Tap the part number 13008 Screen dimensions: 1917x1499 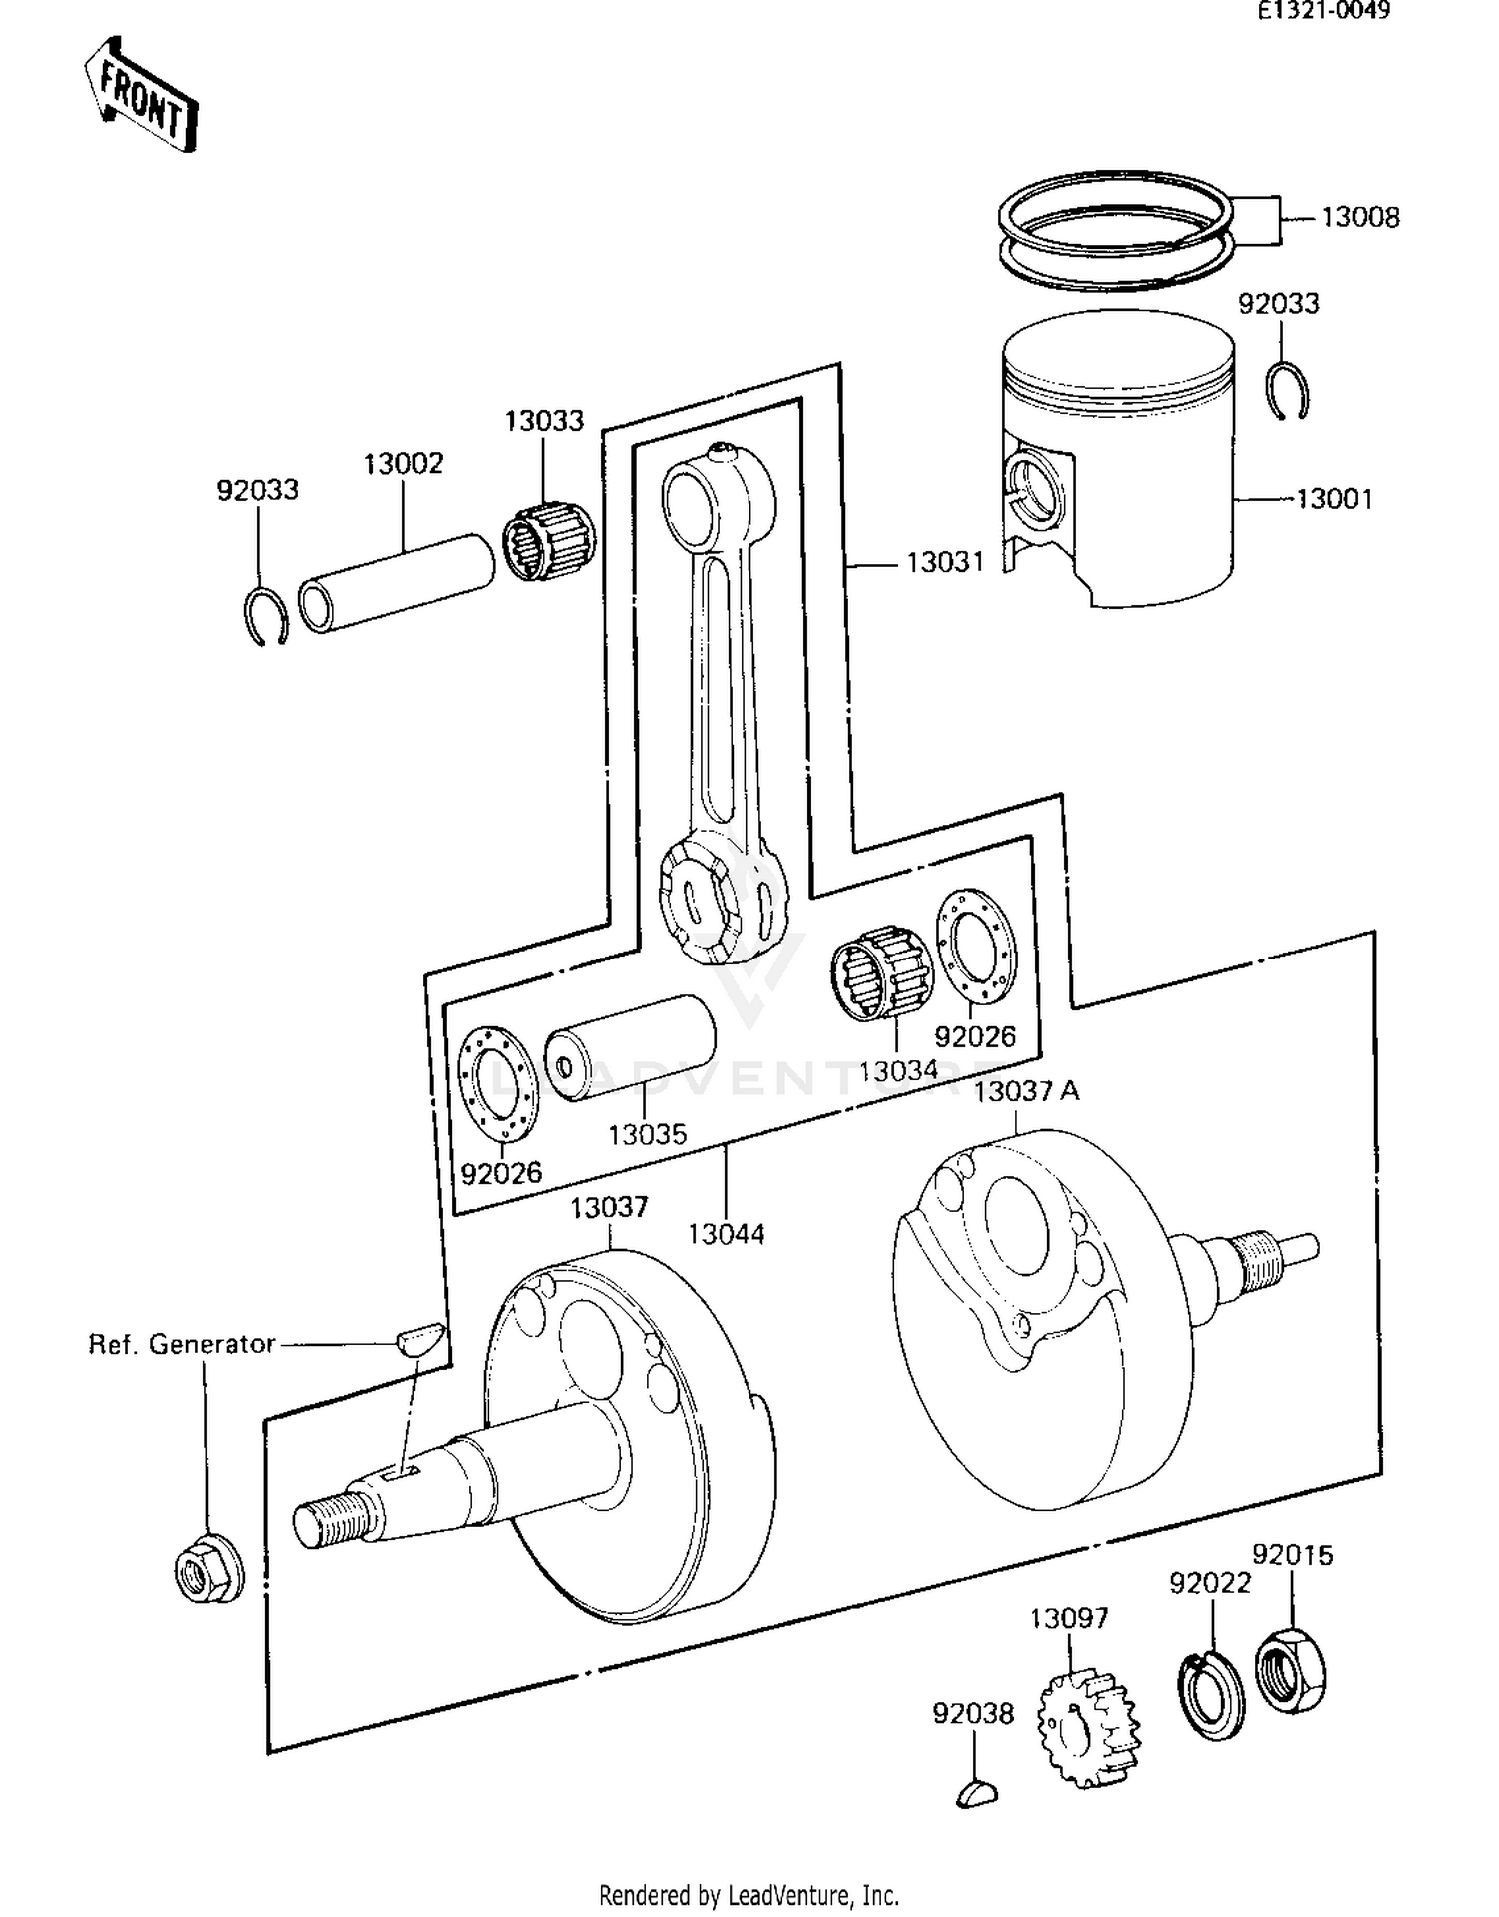[1360, 217]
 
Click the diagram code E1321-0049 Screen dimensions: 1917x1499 [1323, 11]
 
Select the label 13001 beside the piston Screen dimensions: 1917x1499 [1334, 498]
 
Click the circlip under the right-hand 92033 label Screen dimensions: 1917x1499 [1288, 392]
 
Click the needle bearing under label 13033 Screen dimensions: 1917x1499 [548, 543]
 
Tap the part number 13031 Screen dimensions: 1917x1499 [944, 563]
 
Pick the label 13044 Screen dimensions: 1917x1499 [726, 1234]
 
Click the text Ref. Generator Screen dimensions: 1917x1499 [181, 1344]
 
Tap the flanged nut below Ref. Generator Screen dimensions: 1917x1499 [208, 1569]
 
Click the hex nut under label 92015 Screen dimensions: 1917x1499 [1290, 1671]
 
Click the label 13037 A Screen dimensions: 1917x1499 [1026, 1091]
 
